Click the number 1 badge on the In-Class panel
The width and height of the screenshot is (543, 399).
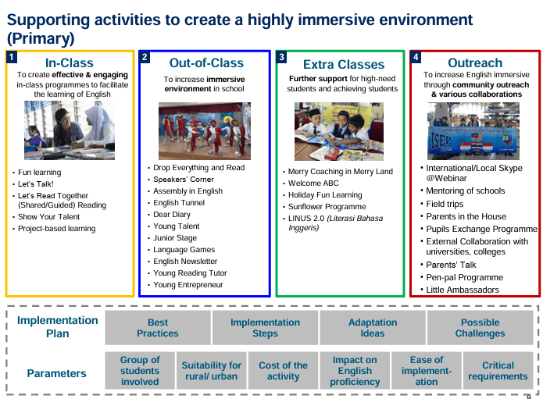click(x=12, y=57)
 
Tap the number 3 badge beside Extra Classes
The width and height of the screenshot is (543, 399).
click(x=281, y=57)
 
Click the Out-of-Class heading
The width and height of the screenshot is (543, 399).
click(x=206, y=63)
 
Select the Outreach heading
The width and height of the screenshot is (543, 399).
click(x=475, y=63)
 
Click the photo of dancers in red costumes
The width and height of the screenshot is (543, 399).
click(x=205, y=131)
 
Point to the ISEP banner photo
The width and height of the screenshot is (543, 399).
click(x=473, y=131)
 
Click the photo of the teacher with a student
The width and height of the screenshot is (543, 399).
click(x=70, y=130)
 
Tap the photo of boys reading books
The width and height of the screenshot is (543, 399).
click(x=339, y=131)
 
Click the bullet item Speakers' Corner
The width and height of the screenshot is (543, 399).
click(x=184, y=180)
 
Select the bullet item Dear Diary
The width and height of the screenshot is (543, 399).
click(x=172, y=215)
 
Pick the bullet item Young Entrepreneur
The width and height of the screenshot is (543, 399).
click(x=188, y=285)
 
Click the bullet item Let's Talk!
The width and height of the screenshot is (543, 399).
click(x=36, y=184)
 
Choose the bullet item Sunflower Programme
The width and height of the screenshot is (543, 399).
click(x=327, y=207)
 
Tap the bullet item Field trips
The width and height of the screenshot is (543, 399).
click(x=445, y=204)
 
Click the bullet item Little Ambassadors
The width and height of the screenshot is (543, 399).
click(x=463, y=290)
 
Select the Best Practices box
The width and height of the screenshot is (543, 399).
click(x=158, y=328)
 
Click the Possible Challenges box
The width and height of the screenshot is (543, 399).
click(x=480, y=328)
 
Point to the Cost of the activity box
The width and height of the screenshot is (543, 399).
click(x=284, y=371)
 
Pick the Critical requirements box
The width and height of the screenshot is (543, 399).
click(x=498, y=371)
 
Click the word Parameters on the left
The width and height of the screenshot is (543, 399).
click(x=57, y=373)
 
